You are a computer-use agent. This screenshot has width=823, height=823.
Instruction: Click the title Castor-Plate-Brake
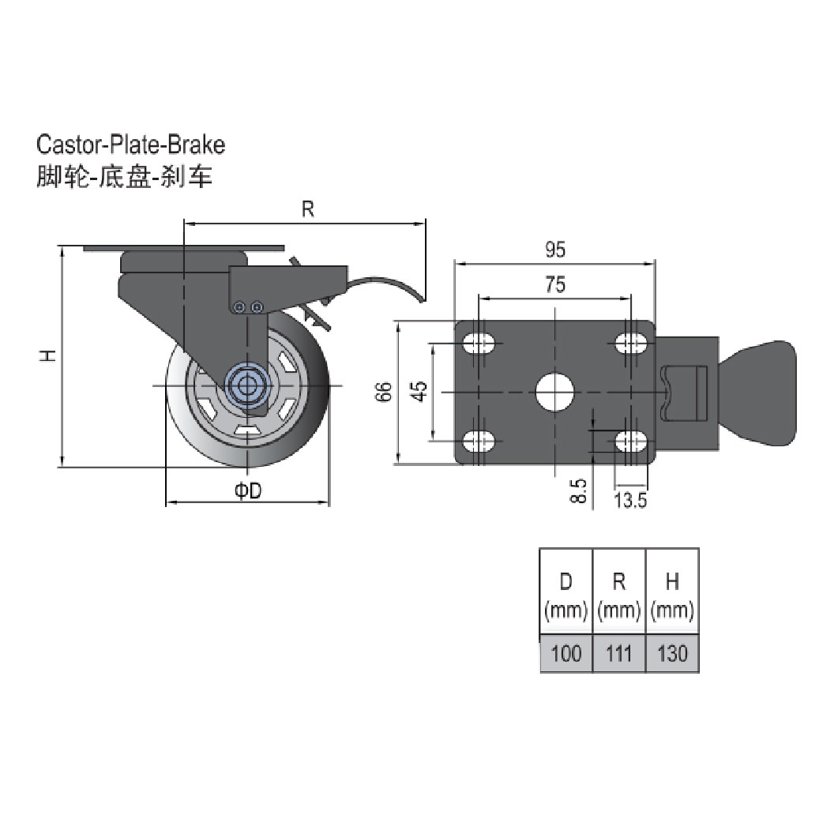[131, 145]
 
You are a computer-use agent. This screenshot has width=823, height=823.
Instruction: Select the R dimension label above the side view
[308, 209]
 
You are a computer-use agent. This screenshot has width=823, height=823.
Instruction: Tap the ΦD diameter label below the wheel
[248, 491]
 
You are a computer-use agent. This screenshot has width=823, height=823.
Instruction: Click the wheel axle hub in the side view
[248, 385]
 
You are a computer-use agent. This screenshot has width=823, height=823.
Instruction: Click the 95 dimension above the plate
[555, 250]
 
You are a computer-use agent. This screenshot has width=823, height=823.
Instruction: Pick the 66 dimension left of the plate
[384, 392]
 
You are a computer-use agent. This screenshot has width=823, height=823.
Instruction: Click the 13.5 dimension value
[631, 499]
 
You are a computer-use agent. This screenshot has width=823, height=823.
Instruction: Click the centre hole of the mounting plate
[554, 391]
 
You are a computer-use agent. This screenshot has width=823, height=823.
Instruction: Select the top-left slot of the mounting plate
[479, 343]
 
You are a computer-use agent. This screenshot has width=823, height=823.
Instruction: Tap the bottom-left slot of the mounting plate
[479, 440]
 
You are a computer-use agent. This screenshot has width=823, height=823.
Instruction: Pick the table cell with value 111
[618, 654]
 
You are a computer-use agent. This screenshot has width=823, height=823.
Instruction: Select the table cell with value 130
[672, 654]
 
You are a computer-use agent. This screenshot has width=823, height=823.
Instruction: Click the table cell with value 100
[566, 654]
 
